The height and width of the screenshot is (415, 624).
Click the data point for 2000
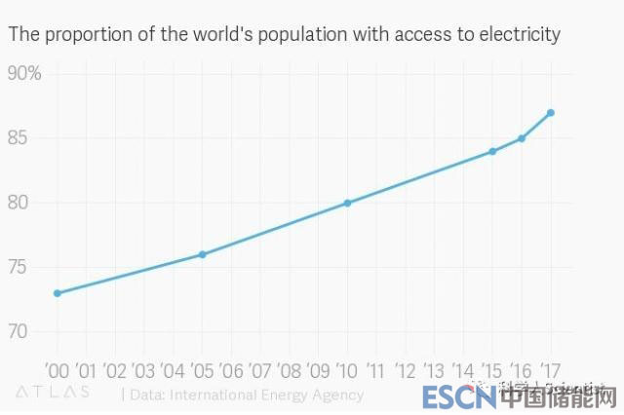click(58, 293)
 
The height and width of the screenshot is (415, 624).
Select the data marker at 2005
click(202, 254)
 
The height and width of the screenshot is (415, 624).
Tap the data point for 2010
click(347, 203)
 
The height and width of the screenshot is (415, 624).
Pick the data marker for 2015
click(492, 151)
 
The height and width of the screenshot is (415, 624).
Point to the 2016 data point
click(522, 138)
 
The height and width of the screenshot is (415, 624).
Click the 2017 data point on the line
click(551, 113)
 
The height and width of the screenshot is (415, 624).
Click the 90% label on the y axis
click(24, 74)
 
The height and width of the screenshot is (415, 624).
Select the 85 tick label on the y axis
click(19, 138)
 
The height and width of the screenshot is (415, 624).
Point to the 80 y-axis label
click(19, 203)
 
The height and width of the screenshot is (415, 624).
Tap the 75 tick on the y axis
click(19, 267)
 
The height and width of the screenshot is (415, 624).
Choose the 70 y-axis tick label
click(19, 331)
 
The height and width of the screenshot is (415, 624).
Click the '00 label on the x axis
click(57, 371)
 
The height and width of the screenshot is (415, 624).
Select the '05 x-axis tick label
click(202, 371)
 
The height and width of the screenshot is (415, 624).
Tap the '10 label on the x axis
click(347, 371)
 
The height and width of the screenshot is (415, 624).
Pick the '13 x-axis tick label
click(434, 371)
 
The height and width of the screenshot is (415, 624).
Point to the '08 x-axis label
click(289, 371)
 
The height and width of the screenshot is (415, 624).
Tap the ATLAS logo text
click(53, 393)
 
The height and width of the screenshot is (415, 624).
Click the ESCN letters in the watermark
click(447, 397)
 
